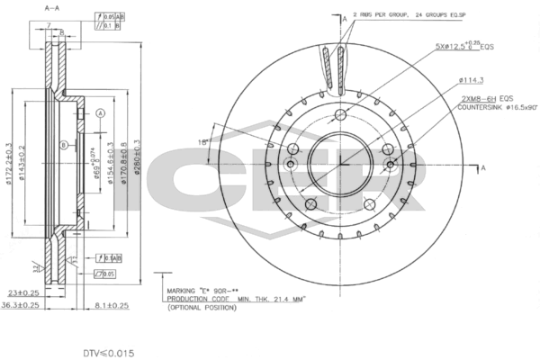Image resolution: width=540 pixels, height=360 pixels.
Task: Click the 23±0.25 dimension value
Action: point(24,292)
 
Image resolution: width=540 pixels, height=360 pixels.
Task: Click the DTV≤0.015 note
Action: point(107,354)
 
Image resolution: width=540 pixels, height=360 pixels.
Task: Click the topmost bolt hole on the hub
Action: point(342,115)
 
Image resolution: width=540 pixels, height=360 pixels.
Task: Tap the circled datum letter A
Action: point(101,112)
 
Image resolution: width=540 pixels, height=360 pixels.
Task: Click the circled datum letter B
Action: point(63,146)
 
